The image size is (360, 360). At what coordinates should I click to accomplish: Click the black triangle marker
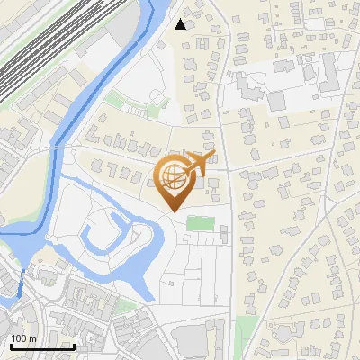coord(181,24)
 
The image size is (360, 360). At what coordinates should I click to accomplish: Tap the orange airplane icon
coord(201,163)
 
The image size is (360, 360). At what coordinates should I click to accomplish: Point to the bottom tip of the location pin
coord(173,211)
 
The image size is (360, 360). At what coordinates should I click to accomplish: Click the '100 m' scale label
coord(23,338)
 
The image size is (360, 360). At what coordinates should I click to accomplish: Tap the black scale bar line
coord(41,346)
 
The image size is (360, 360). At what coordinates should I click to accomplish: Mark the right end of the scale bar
coord(74,346)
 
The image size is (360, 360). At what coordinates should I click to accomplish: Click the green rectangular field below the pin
coord(200,222)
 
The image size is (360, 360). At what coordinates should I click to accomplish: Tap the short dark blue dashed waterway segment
coord(22,283)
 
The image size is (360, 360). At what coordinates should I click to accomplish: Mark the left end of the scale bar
coord(10,346)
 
